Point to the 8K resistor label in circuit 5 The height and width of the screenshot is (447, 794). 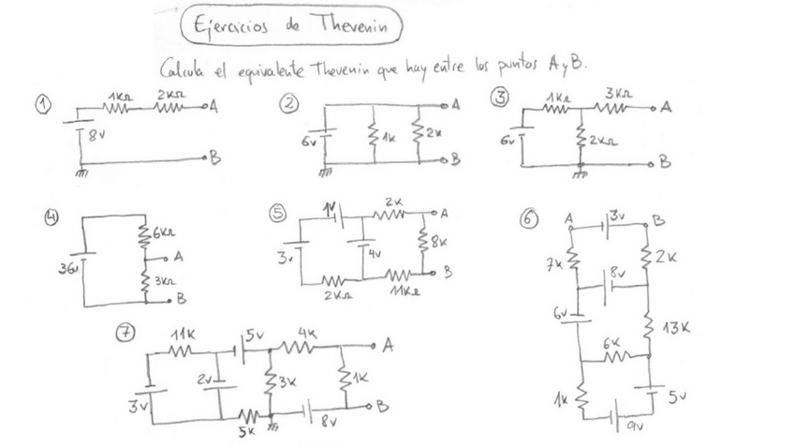coord(439,242)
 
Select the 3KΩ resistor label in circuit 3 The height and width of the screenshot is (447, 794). coord(620,95)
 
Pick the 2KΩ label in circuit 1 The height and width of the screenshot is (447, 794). coord(170,95)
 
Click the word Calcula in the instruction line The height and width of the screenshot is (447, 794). coord(182,67)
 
